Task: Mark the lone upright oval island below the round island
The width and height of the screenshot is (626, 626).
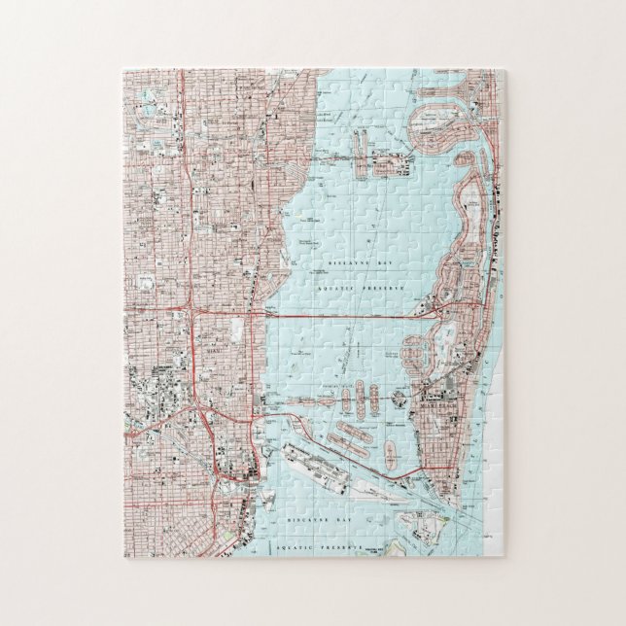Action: click(x=391, y=453)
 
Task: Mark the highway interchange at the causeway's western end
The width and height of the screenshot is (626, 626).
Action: click(x=193, y=314)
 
